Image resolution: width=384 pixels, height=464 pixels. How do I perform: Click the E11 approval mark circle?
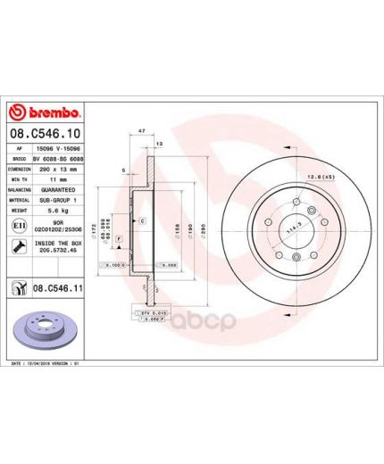19,227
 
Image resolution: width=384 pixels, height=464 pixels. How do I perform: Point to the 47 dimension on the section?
143,130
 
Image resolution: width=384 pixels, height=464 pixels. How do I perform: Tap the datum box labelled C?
142,220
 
